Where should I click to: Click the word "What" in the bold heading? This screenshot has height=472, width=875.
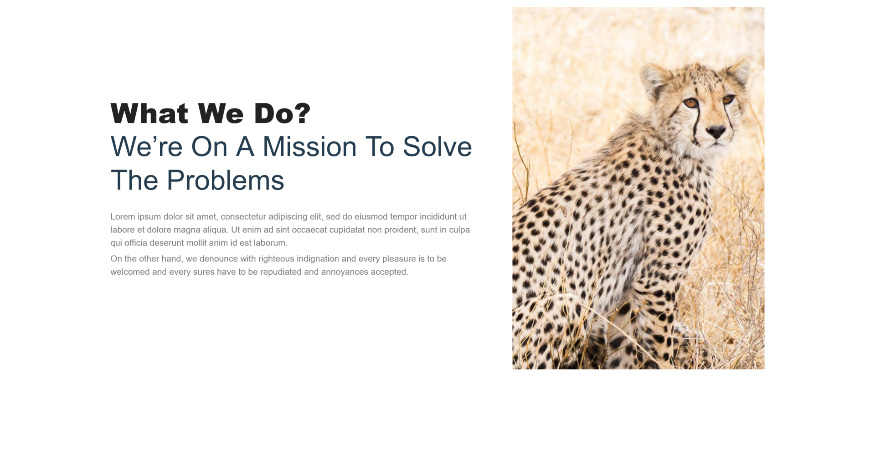tap(149, 113)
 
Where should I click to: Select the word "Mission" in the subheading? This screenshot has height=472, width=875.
tap(309, 147)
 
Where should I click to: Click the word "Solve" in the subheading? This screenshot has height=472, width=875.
tap(437, 147)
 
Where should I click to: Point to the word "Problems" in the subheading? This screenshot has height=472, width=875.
tap(225, 180)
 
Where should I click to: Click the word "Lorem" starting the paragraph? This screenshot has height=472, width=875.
tap(123, 216)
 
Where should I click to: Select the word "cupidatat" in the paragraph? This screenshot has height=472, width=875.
tap(347, 230)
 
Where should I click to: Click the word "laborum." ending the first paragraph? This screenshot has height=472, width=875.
tap(271, 243)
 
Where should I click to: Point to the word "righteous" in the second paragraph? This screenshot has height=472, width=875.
tap(276, 259)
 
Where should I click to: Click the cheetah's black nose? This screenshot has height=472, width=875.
tap(715, 132)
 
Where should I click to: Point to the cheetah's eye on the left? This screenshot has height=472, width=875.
tap(691, 103)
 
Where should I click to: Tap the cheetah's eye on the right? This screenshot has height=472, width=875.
tap(728, 99)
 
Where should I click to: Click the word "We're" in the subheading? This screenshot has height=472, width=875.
tap(146, 147)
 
